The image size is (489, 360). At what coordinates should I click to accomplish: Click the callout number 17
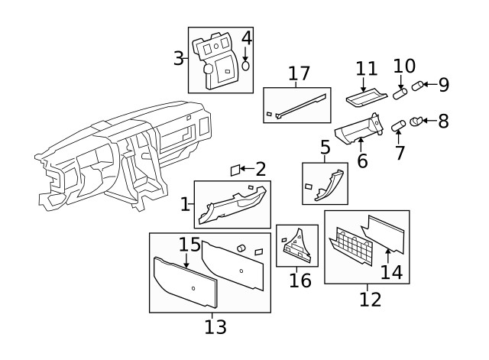(299, 74)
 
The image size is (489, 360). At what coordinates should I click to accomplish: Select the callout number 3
(178, 58)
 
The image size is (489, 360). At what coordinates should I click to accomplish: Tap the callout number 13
(215, 327)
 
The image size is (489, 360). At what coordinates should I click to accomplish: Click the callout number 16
(300, 280)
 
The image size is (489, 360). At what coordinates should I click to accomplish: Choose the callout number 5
(325, 148)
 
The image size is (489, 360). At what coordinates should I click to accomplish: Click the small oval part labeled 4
(246, 66)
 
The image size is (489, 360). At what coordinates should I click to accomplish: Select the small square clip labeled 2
(236, 170)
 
